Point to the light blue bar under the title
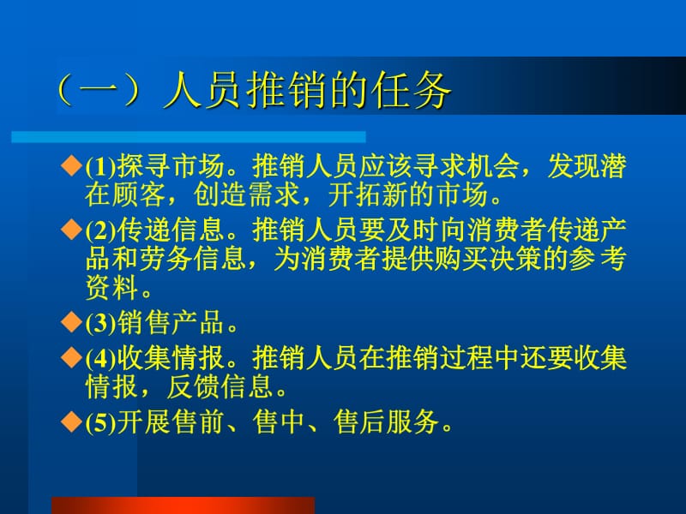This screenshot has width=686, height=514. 189,136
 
